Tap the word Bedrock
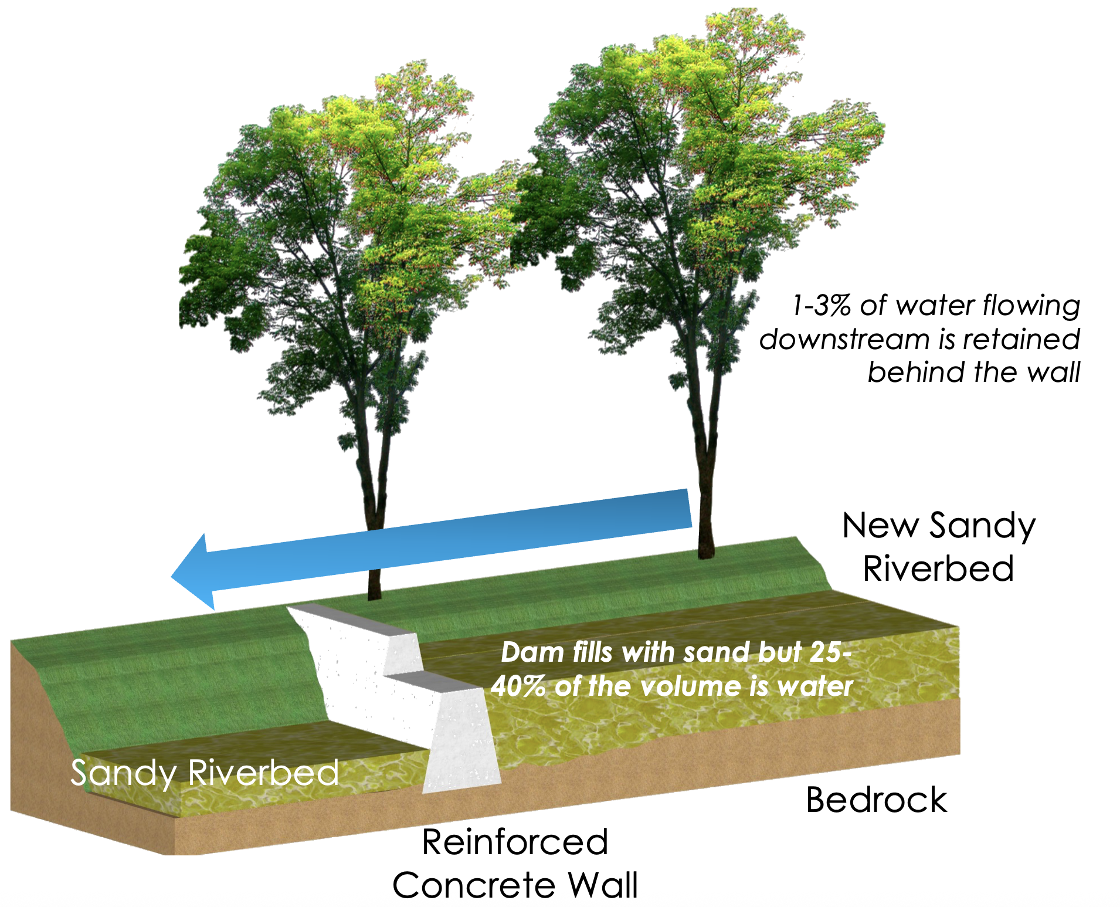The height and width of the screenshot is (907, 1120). coord(876,800)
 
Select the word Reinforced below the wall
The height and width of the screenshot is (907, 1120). coord(515,842)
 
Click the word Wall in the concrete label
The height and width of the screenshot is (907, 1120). coord(603,885)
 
